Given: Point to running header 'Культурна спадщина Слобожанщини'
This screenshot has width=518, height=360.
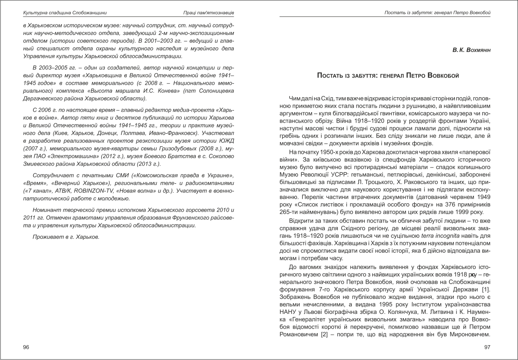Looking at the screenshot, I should tap(65, 13).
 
